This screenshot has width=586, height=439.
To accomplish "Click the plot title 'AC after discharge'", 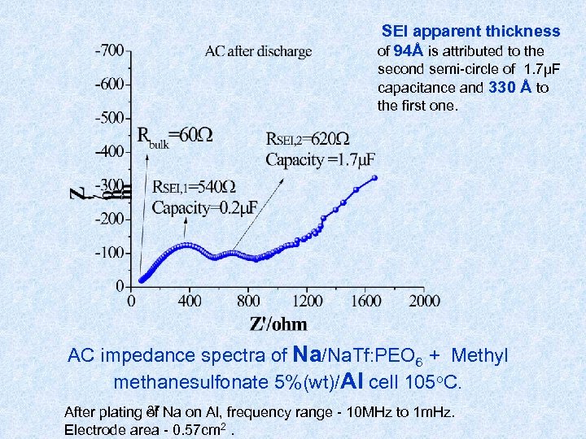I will pos(258,51).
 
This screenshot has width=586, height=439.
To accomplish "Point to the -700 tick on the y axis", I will pos(109,50).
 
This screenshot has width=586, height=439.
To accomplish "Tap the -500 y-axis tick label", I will pos(109,117).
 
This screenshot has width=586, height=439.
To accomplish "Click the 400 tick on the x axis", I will pos(190,302).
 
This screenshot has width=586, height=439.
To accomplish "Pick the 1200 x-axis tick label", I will pos(307,302).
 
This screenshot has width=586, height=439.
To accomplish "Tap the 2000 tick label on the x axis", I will pos(424,302).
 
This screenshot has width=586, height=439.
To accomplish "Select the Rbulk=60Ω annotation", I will pos(174,135).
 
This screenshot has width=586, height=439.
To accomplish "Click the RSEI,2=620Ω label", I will pos(308,139).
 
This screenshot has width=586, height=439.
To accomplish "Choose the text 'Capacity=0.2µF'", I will pos(204,207).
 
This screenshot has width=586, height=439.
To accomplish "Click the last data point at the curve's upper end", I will pos(374,177).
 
